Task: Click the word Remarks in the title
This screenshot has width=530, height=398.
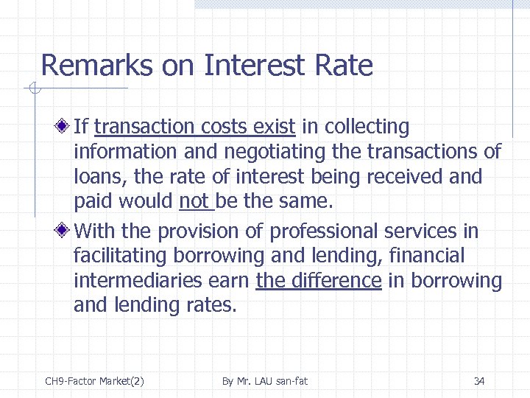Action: (96, 66)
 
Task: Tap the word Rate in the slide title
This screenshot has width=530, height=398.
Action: (343, 66)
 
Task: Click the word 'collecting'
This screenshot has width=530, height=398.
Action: (366, 128)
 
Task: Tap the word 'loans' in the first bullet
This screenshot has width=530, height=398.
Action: (96, 177)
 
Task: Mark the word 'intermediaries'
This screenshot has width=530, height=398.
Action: (136, 281)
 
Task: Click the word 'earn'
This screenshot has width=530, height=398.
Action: (227, 281)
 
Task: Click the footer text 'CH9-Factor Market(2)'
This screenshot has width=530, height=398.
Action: (94, 381)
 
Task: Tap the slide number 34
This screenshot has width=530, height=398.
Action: (479, 381)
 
